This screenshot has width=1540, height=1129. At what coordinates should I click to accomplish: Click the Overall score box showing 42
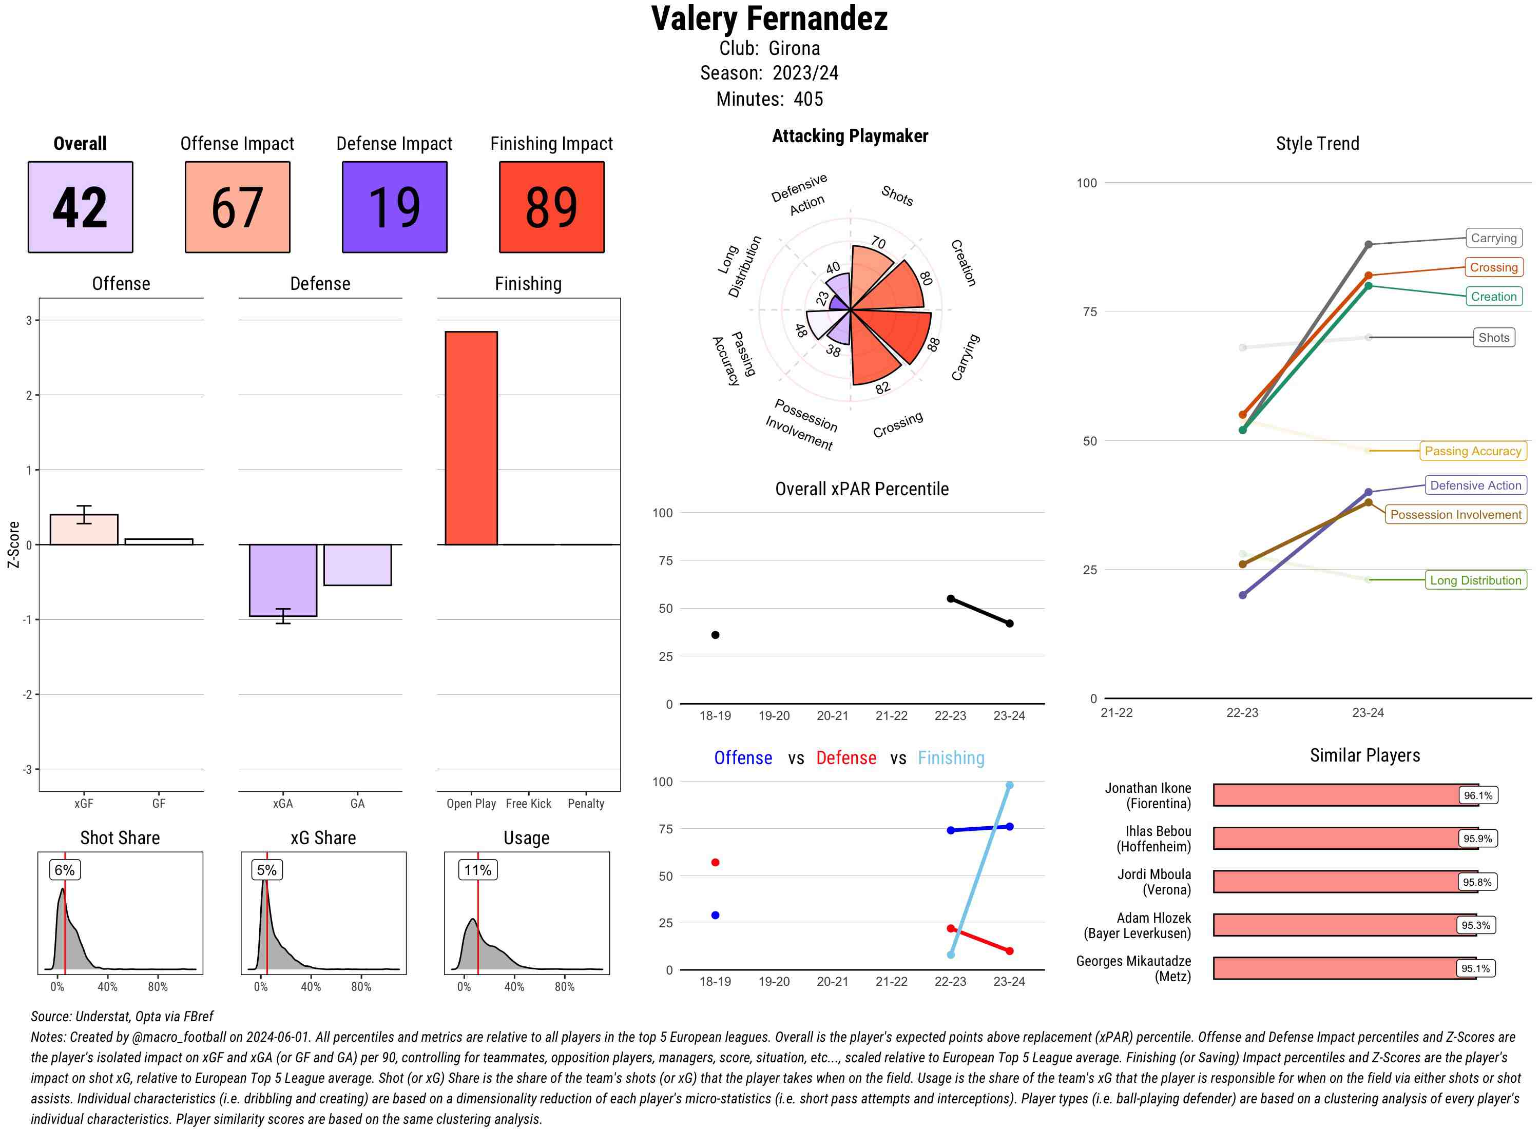click(x=80, y=207)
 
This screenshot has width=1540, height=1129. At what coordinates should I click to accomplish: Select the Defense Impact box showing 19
click(x=394, y=207)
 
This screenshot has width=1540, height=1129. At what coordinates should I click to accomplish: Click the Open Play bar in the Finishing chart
click(x=471, y=437)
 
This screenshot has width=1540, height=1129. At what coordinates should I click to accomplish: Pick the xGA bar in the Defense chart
click(x=282, y=580)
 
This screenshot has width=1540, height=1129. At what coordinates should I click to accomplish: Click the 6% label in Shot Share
click(x=64, y=870)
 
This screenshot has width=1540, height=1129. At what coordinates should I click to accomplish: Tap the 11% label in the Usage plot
click(x=477, y=870)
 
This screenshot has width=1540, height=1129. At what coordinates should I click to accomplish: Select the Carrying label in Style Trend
click(x=1493, y=238)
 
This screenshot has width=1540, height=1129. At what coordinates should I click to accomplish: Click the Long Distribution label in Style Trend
click(x=1475, y=580)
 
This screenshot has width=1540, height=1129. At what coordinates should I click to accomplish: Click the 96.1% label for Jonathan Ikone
click(x=1477, y=795)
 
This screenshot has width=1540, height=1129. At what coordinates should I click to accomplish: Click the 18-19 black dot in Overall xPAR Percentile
click(x=715, y=635)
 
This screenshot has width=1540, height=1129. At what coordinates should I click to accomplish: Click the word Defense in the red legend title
click(x=845, y=758)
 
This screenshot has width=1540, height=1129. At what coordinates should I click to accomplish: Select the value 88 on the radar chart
click(x=933, y=344)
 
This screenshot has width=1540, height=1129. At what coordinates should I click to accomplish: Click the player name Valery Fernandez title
click(x=769, y=18)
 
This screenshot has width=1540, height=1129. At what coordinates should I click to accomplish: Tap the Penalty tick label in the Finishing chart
click(x=586, y=804)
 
